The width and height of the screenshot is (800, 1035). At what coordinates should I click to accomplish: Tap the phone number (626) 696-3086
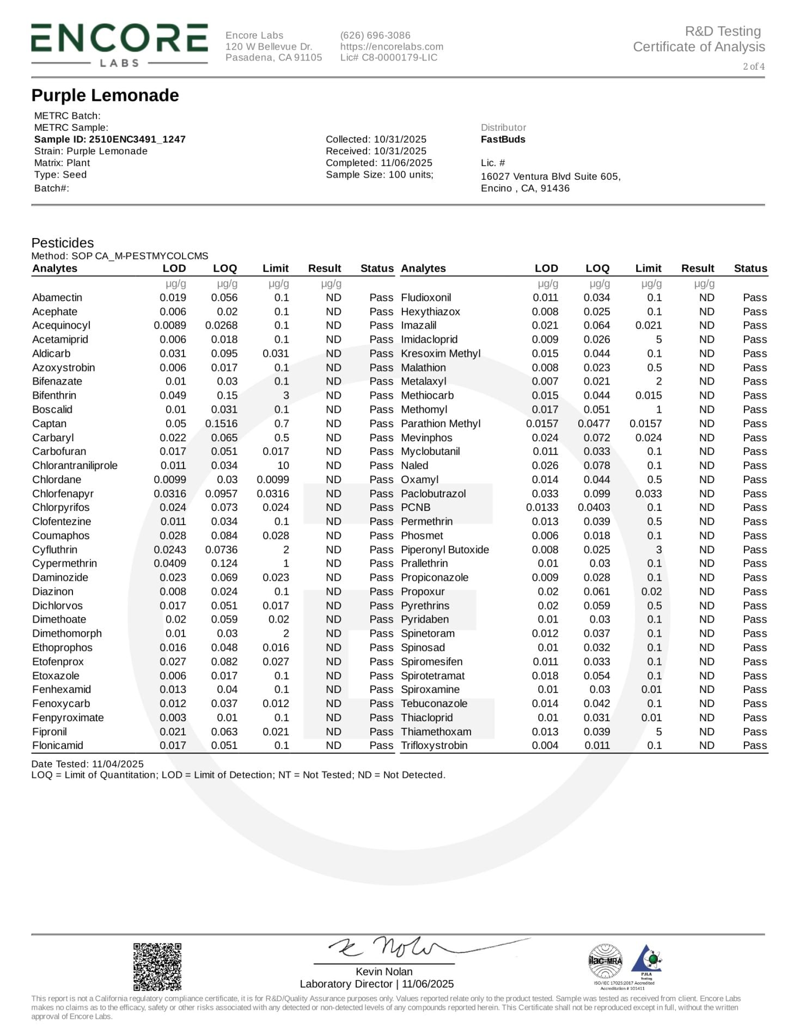pos(375,35)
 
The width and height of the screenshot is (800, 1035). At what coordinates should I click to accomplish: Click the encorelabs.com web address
pos(392,47)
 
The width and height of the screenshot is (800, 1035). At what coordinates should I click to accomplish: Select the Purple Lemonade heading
pos(105,95)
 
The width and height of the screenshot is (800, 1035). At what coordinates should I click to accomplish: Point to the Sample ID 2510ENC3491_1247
pos(109,139)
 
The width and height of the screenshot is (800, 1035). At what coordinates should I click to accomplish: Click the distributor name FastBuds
pos(503,139)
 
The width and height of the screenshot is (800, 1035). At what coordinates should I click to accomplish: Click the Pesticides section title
pos(63,243)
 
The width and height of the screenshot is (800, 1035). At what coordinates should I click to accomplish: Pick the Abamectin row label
pos(57,297)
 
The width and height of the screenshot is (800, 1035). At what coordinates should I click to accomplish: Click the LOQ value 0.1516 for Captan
pos(221,424)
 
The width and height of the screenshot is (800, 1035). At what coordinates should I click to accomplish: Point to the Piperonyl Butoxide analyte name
pos(445,550)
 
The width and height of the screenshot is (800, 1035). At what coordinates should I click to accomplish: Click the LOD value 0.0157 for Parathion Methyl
pos(542,424)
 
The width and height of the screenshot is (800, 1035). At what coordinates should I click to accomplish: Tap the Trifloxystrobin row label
pos(434,746)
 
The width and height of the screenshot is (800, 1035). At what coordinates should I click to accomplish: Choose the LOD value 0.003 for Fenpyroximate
pos(173,718)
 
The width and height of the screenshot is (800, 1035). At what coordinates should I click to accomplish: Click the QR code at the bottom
pos(157,967)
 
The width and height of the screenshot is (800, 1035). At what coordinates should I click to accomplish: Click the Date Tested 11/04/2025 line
pos(88,764)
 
